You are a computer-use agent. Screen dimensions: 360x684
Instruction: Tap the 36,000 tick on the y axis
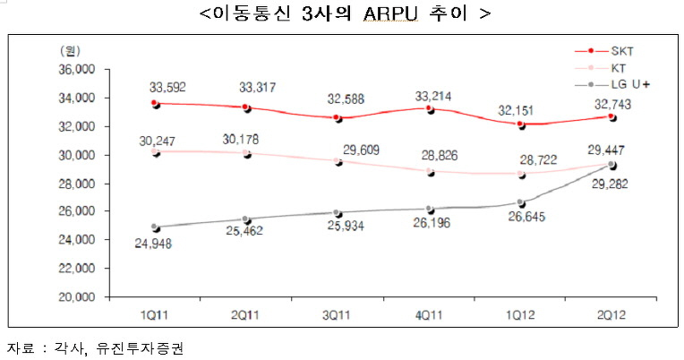(77, 70)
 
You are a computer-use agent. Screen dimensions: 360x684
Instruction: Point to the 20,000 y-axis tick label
(77, 296)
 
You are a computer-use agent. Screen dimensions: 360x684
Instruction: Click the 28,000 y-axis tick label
(77, 184)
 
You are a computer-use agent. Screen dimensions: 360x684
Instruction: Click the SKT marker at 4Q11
(430, 108)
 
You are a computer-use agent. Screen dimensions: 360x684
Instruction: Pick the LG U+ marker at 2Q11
(247, 219)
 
